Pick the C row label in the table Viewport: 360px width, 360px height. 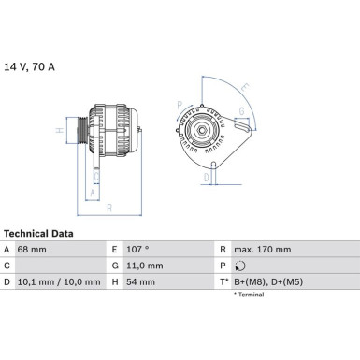click(x=7, y=266)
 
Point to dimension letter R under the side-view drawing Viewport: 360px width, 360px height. click(x=110, y=206)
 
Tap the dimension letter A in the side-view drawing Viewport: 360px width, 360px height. click(x=91, y=194)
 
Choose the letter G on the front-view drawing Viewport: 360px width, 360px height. click(x=241, y=111)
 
